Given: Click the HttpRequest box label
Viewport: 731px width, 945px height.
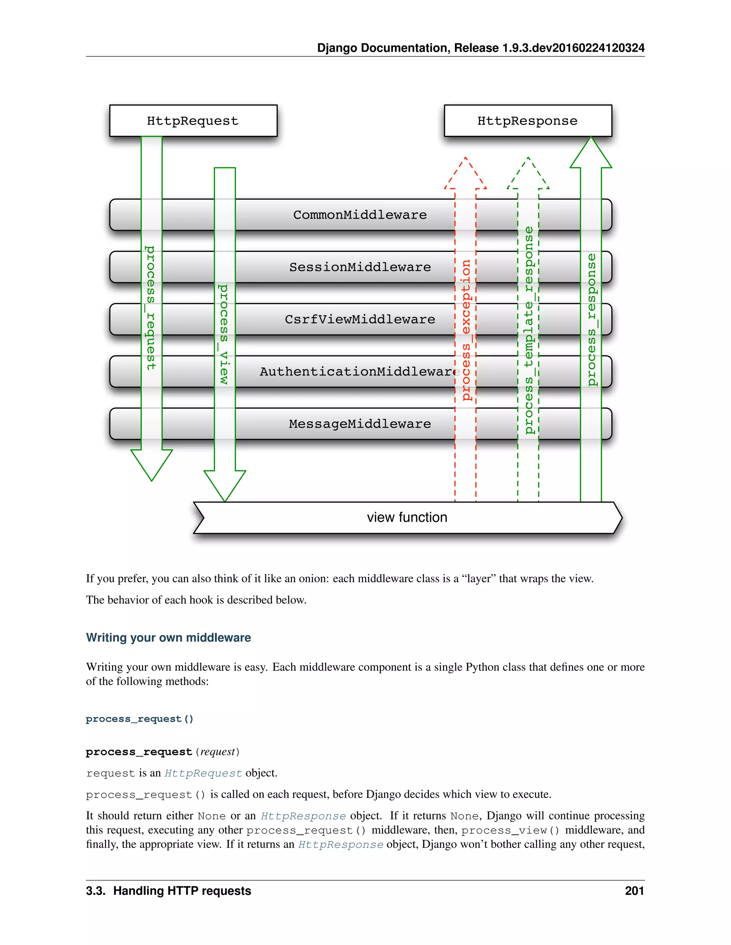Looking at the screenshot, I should click(x=193, y=121).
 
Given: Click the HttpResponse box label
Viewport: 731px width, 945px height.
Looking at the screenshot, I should click(x=527, y=121).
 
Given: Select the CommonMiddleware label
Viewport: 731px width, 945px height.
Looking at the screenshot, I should click(x=360, y=215).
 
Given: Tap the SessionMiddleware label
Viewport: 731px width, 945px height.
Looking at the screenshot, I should click(x=360, y=267).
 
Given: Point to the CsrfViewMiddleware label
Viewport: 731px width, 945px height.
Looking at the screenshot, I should click(x=360, y=319).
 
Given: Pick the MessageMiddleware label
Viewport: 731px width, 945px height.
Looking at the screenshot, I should click(x=360, y=424).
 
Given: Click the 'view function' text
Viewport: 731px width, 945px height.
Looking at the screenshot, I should click(x=407, y=517).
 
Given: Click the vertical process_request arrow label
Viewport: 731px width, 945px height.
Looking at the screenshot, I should click(x=150, y=308).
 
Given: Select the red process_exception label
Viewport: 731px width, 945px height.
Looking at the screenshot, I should click(x=465, y=330).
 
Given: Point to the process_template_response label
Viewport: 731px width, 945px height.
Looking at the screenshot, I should click(x=528, y=330).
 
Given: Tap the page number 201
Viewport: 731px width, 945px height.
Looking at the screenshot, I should click(x=634, y=891).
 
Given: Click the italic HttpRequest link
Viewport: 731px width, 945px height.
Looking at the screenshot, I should click(x=203, y=773).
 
